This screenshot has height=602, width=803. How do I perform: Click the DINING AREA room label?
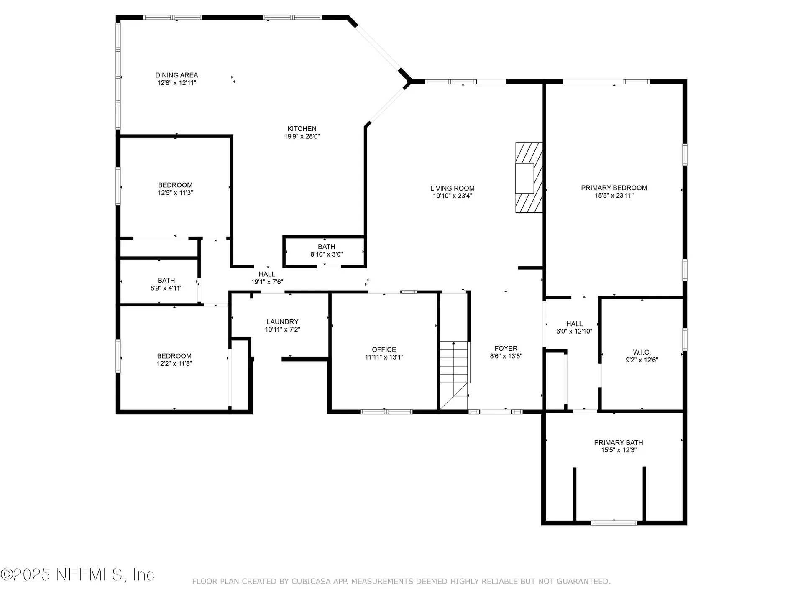coord(176,75)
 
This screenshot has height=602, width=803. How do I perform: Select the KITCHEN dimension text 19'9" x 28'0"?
coord(302,136)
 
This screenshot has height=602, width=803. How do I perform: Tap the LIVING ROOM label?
coord(452,188)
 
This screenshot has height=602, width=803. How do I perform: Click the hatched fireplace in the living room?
coord(529,178)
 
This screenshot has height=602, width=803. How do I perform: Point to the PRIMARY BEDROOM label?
coord(614,188)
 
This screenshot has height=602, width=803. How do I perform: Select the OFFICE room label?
coord(384,349)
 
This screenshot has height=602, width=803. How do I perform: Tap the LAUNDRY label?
coord(282,321)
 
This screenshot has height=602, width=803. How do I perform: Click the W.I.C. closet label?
coord(642,352)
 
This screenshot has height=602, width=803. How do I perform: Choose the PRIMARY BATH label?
coord(618,442)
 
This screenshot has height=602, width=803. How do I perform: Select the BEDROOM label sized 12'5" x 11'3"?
coord(175,185)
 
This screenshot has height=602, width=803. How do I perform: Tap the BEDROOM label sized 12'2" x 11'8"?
coord(174,356)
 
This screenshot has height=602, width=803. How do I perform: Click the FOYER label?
coord(506,348)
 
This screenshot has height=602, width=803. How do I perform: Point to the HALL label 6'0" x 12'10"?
coord(574,324)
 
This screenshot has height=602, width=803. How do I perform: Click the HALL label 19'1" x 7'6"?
coord(267,274)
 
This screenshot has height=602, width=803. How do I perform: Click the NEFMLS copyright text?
coord(78,575)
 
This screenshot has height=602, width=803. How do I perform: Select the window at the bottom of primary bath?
coord(614,523)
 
